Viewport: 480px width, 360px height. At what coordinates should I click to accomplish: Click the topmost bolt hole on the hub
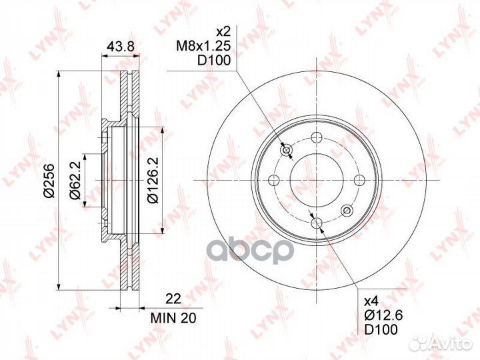(x=317, y=138)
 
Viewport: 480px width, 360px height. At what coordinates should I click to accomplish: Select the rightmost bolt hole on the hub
(x=360, y=180)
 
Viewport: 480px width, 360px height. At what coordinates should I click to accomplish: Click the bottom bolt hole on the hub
(x=317, y=223)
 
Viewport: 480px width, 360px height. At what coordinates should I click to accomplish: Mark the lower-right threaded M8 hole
(x=346, y=211)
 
